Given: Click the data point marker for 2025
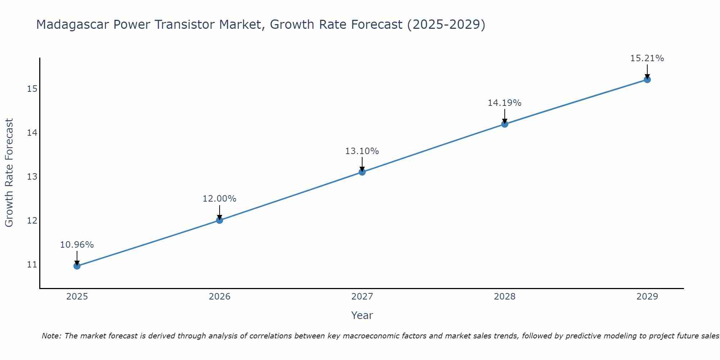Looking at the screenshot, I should tap(77, 266).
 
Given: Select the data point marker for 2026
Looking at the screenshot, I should tap(219, 220).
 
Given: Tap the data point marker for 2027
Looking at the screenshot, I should tap(362, 172).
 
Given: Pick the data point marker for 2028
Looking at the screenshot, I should tap(505, 124).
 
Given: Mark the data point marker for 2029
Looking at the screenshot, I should tap(647, 80).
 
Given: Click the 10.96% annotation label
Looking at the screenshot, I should tap(77, 245).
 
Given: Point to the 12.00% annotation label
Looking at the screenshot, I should tap(219, 199).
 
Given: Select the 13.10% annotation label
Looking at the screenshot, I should tap(362, 151).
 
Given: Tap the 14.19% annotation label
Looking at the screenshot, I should tap(505, 103).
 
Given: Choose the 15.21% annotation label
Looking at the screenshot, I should tap(647, 58).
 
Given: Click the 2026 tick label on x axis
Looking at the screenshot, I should tap(219, 297).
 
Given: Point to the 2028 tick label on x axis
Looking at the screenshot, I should tap(505, 297).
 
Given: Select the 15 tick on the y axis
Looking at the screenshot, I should tap(32, 89).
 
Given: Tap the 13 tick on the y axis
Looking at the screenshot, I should tap(32, 177).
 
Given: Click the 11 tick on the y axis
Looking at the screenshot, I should tap(32, 265).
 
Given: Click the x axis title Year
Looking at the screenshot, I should tap(362, 315).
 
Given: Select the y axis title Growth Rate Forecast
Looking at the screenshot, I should tap(9, 173).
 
